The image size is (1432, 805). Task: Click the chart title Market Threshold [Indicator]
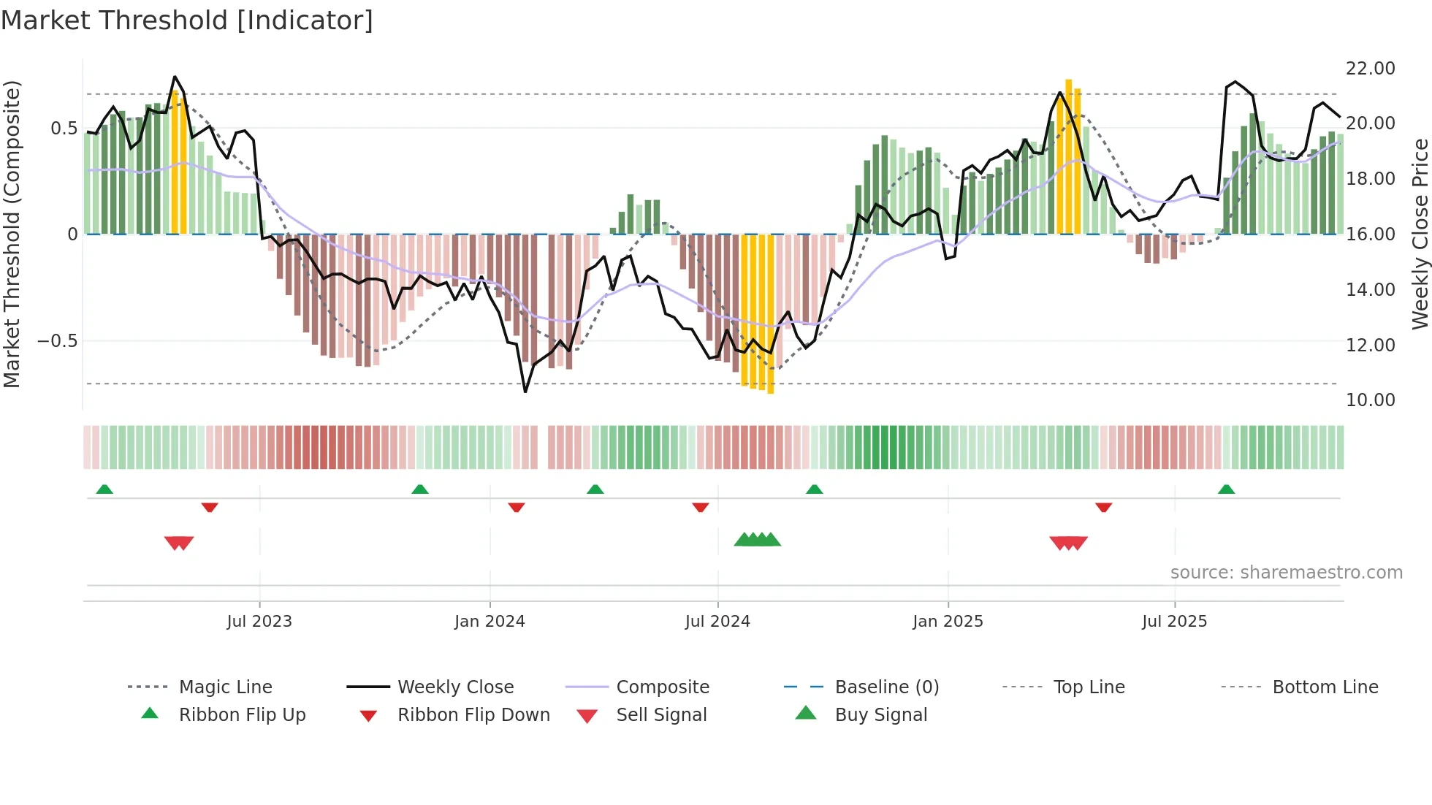pos(187,20)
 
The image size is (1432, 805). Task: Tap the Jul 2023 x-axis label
pos(259,622)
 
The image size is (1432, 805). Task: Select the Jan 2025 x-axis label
pos(948,622)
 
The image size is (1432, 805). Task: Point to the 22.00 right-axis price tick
pos(1370,68)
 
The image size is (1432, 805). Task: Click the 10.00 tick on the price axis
pos(1370,400)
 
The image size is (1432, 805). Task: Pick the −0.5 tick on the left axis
pos(57,341)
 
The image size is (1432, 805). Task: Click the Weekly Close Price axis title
pos(1420,234)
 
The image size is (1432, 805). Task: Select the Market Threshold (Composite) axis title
pos(12,234)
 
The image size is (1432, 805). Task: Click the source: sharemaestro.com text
pos(1286,573)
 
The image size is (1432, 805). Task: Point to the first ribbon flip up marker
pos(104,489)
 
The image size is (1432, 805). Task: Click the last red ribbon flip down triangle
pos(1103,507)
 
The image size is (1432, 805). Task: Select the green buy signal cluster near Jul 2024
pos(757,540)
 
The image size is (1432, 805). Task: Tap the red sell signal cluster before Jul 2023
pos(179,543)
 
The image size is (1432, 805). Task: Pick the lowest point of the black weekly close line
pos(525,392)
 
